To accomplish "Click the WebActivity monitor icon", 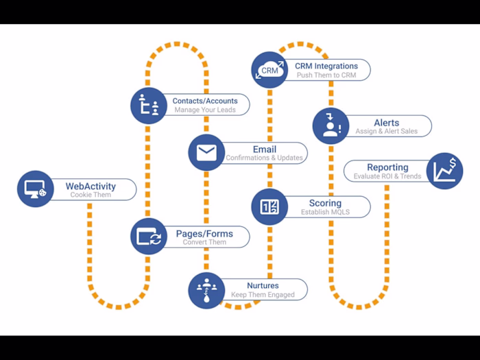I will pos(35,189).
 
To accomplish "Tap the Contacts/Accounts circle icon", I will pos(149,106).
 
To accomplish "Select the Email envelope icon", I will pos(206,152).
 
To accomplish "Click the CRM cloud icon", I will pos(269,70).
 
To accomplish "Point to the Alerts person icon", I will pos(331,125).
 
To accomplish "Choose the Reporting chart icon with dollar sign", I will pos(444,171).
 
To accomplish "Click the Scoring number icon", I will pos(269,207).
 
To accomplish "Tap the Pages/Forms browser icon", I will pos(149,237).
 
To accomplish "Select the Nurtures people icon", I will pos(206,289).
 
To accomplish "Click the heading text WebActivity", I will pos(91,186).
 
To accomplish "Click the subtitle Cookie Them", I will pos(91,195).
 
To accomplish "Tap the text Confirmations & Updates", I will pos(264,158).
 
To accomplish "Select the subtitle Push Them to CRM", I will pos(326,75).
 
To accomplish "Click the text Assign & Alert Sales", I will pos(386,131).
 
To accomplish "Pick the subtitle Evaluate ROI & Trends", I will pos(387,176).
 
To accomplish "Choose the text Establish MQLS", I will pos(325,213).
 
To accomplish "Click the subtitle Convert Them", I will pos(204,243).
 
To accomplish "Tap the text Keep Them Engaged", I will pos(263,295).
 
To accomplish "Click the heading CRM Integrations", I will pos(326,66).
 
